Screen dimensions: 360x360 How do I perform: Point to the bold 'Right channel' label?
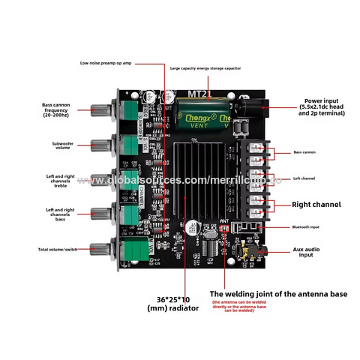(315, 204)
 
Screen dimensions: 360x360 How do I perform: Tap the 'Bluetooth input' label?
(310, 227)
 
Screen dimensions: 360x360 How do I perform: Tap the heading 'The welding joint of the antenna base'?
(277, 294)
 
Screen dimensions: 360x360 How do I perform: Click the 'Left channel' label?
(306, 178)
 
